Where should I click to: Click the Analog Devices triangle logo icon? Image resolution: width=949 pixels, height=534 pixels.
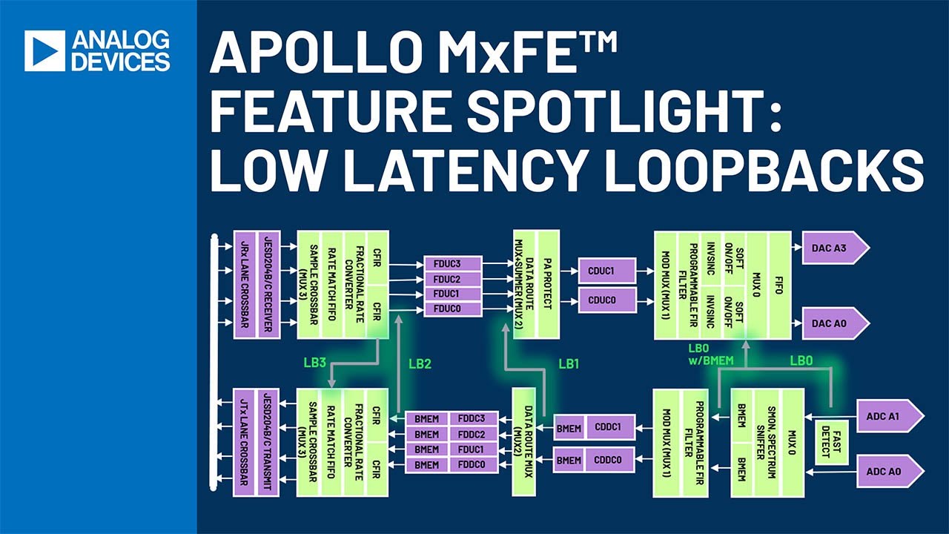pyautogui.click(x=44, y=50)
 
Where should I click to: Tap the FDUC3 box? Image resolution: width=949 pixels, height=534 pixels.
pyautogui.click(x=452, y=264)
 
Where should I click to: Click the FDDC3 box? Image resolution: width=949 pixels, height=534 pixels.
pyautogui.click(x=472, y=418)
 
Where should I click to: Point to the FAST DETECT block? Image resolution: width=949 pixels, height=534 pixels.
pyautogui.click(x=831, y=443)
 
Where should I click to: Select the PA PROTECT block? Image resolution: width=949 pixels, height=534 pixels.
pyautogui.click(x=547, y=284)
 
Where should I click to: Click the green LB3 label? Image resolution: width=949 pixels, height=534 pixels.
pyautogui.click(x=314, y=363)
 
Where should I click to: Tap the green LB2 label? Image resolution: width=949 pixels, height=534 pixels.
pyautogui.click(x=419, y=363)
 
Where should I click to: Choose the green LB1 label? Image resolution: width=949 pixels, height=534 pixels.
pyautogui.click(x=569, y=363)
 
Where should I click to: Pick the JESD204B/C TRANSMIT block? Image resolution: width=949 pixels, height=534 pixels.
pyautogui.click(x=267, y=442)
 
